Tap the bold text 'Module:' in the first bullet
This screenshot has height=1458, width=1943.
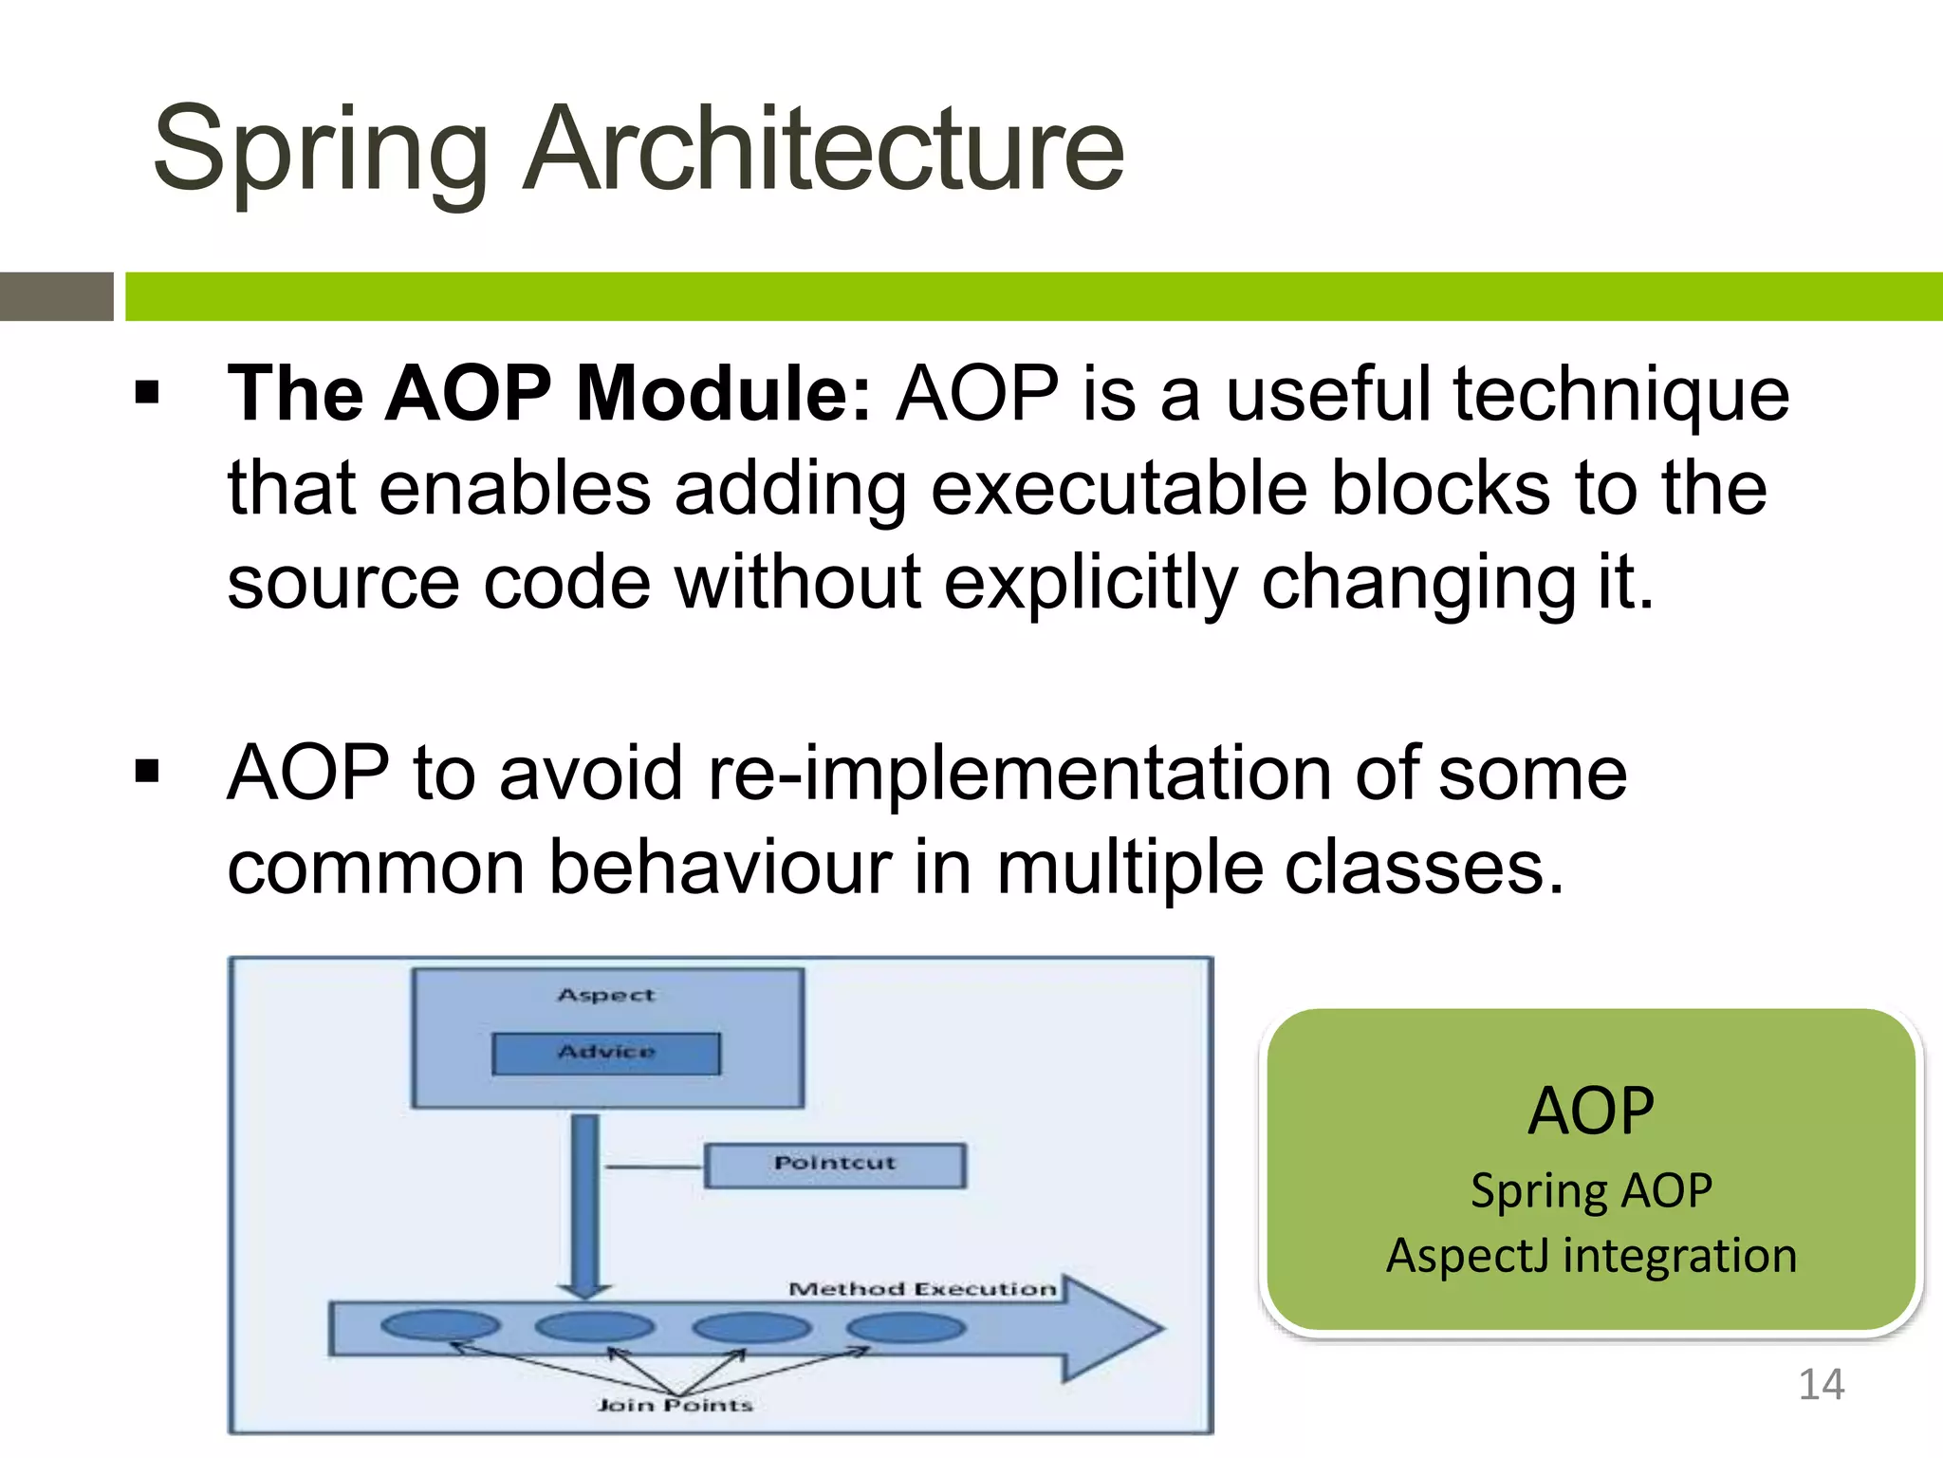tap(723, 393)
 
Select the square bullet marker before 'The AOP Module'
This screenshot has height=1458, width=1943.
tap(147, 392)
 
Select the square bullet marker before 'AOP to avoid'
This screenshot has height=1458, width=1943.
tap(147, 771)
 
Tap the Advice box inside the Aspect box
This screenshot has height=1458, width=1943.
tap(605, 1053)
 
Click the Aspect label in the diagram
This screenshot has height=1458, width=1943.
tap(605, 995)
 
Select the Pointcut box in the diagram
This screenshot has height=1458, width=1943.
tap(834, 1164)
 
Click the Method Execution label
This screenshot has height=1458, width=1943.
tap(922, 1289)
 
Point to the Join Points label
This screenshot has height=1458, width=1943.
tap(675, 1405)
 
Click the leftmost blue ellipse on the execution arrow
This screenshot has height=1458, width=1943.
tap(440, 1326)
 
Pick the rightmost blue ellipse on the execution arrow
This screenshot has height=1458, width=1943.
tap(906, 1327)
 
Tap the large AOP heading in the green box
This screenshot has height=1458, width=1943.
tap(1591, 1111)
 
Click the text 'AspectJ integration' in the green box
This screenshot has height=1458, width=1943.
tap(1591, 1255)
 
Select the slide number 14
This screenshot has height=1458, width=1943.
tap(1821, 1385)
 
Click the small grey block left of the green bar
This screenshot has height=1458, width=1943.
tap(57, 296)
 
